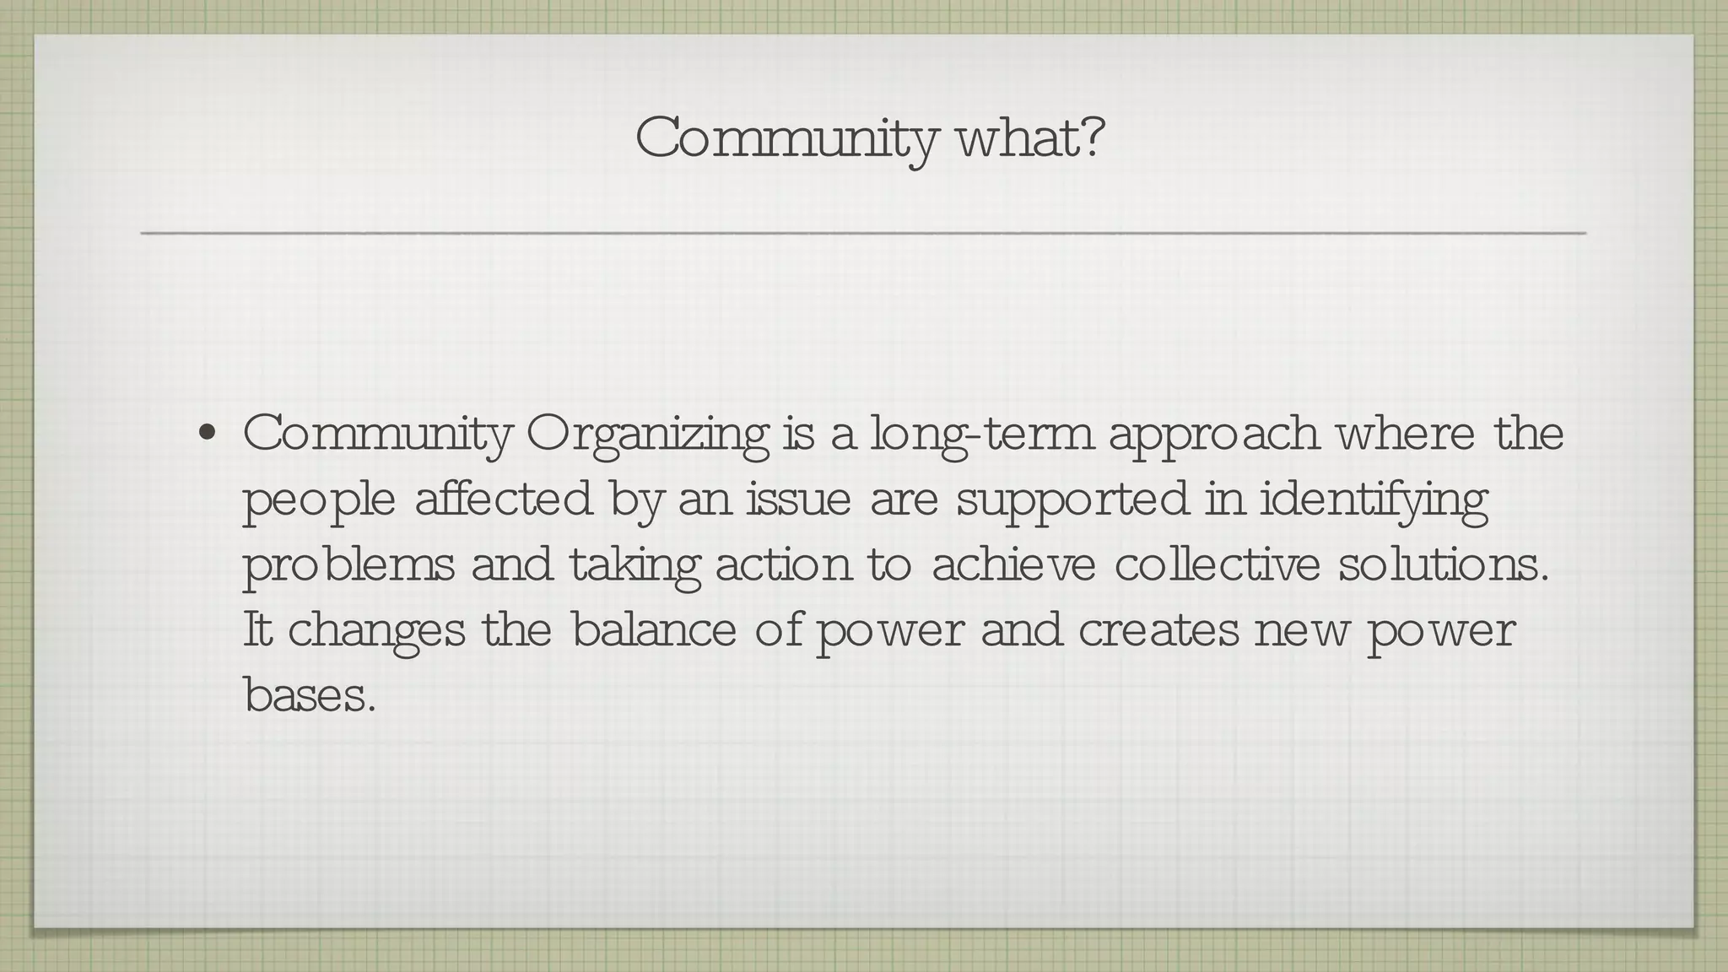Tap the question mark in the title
point(1091,138)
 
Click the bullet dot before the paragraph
point(205,435)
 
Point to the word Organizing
point(647,435)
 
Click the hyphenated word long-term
point(980,435)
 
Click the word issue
point(798,499)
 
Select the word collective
point(1217,564)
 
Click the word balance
point(654,630)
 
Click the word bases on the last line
point(308,696)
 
